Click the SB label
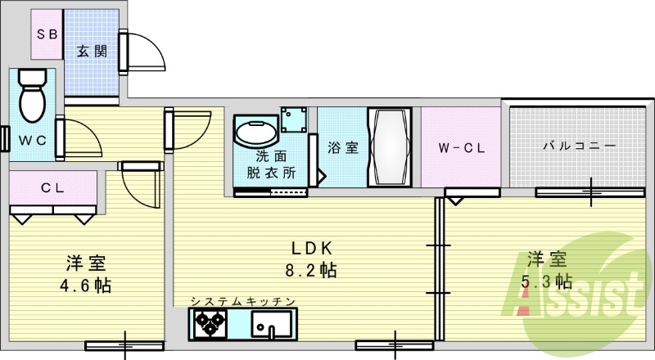pyautogui.click(x=45, y=34)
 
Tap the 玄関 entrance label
pyautogui.click(x=92, y=52)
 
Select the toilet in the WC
pyautogui.click(x=32, y=95)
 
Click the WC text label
pyautogui.click(x=33, y=139)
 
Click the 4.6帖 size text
pyautogui.click(x=86, y=286)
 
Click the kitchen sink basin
pyautogui.click(x=268, y=328)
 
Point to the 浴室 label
pyautogui.click(x=342, y=148)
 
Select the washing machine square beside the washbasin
pyautogui.click(x=293, y=120)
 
